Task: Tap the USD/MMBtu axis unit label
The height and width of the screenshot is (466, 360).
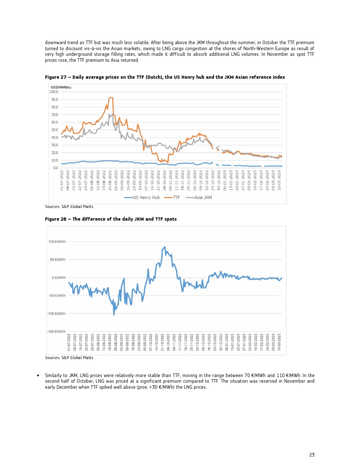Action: point(61,87)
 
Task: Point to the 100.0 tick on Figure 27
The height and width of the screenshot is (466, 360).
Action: point(54,92)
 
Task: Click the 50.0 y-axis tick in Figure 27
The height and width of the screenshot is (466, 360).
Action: point(54,130)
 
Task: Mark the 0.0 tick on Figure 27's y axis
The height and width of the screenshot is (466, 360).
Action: point(55,168)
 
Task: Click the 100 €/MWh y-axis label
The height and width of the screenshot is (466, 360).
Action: point(57,242)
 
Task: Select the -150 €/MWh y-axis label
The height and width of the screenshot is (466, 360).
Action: point(56,331)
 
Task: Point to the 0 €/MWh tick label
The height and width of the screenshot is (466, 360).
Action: point(59,278)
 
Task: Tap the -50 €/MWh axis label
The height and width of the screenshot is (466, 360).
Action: point(57,295)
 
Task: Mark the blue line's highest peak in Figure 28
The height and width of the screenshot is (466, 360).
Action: point(165,247)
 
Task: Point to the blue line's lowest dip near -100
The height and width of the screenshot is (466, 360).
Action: point(114,315)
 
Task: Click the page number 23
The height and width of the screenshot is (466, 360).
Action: point(312,455)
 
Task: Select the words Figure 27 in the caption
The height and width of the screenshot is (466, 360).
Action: point(56,77)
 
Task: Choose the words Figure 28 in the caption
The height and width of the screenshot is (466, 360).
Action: point(56,219)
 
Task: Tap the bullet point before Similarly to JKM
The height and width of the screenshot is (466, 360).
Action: point(38,376)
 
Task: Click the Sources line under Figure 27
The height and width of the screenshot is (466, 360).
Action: point(69,207)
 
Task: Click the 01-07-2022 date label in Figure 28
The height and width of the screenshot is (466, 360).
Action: point(69,342)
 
